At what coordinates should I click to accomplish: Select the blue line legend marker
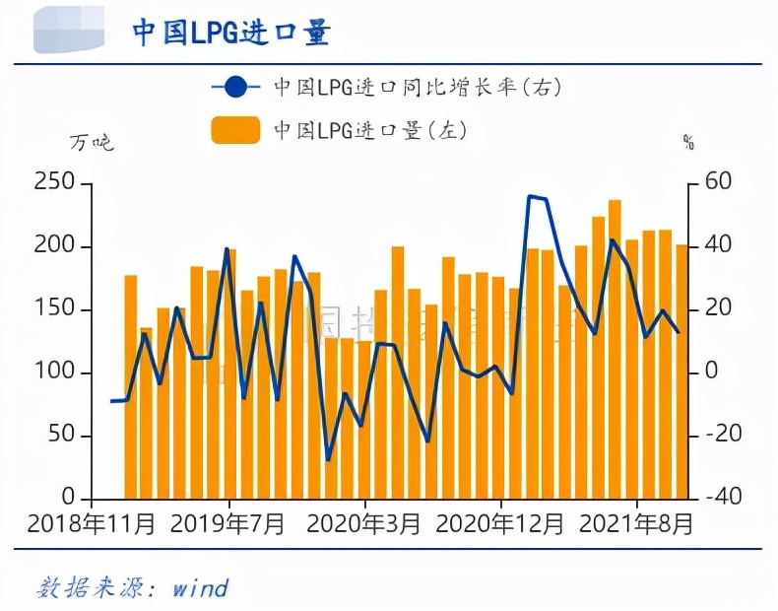236,87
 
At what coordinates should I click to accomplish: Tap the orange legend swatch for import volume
235,130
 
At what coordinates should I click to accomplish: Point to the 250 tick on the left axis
55,183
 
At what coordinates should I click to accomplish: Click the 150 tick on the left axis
55,309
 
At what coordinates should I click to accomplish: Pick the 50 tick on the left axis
61,436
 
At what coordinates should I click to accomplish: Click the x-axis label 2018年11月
91,523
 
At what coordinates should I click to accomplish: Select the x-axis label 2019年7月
227,523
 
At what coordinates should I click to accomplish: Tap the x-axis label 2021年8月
635,523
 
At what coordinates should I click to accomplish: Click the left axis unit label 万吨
92,143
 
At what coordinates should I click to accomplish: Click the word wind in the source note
200,588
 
